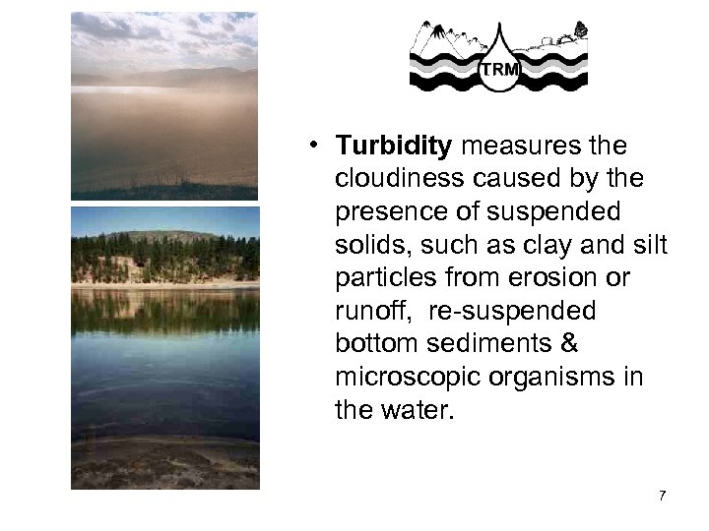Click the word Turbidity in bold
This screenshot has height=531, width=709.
pyautogui.click(x=393, y=147)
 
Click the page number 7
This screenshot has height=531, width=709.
pyautogui.click(x=662, y=495)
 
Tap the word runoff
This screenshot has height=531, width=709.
pyautogui.click(x=366, y=311)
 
